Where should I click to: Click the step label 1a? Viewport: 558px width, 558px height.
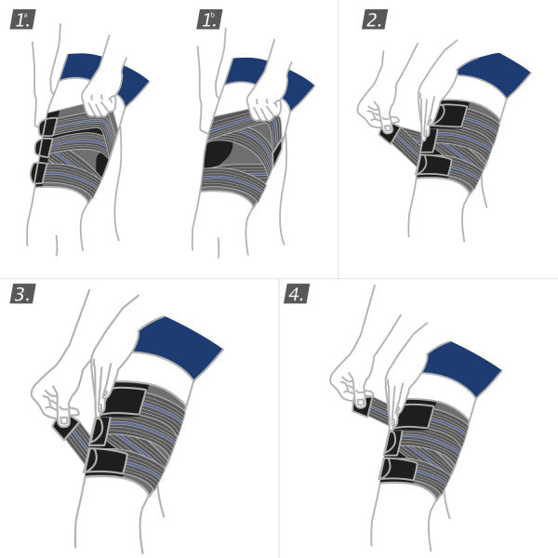22,20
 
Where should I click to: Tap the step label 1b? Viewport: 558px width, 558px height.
209,20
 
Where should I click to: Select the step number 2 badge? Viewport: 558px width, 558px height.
374,20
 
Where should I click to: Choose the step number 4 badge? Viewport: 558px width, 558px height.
296,294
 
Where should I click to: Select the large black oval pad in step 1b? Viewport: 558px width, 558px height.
220,153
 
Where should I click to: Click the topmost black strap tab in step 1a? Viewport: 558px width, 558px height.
48,126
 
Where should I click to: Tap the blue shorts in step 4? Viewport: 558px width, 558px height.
462,366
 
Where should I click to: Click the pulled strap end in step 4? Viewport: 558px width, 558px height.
361,405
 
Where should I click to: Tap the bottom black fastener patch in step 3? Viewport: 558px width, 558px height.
107,460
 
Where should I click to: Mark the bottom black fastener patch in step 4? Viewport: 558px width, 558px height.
401,469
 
